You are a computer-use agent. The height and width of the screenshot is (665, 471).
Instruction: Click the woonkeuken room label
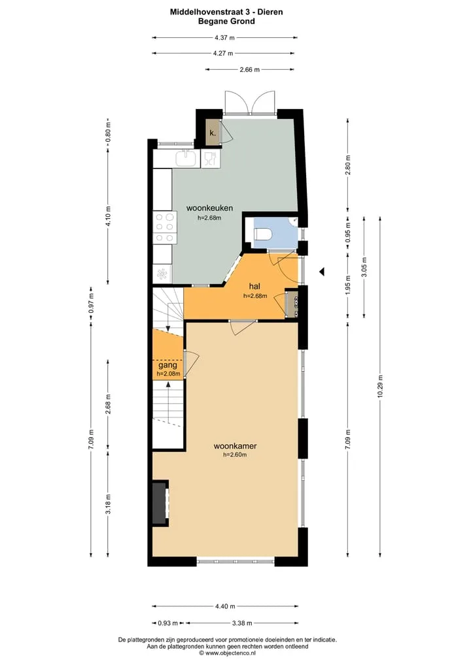point(209,208)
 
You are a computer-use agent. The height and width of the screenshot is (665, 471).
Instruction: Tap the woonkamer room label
point(235,446)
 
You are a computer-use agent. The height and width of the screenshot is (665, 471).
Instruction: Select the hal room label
point(254,286)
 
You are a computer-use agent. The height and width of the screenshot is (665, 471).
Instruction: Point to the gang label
point(167,365)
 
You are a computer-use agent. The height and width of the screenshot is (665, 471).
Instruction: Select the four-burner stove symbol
point(165,228)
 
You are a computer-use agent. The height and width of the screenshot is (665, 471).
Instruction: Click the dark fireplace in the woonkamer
point(160,502)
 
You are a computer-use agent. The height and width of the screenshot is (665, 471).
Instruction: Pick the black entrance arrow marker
point(322,272)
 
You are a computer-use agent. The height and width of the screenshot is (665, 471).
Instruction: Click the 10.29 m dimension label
point(380,386)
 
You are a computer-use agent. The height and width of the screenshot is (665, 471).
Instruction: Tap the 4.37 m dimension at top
point(224,38)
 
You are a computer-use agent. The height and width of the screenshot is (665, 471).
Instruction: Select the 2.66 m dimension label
point(249,69)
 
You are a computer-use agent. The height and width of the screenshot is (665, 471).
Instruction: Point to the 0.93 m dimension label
point(167,623)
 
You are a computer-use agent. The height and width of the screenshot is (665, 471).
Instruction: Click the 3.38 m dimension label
point(242,623)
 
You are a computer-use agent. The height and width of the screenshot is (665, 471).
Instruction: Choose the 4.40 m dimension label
point(224,606)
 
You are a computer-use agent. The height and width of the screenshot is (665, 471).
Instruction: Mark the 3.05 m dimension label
point(364,267)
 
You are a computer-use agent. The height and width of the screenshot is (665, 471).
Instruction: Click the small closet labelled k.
point(213,133)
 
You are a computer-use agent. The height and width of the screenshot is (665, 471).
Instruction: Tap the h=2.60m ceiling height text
point(235,455)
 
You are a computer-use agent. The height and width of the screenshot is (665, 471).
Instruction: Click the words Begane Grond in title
point(226,21)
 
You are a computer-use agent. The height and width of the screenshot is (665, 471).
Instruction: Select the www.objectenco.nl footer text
point(227,653)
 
